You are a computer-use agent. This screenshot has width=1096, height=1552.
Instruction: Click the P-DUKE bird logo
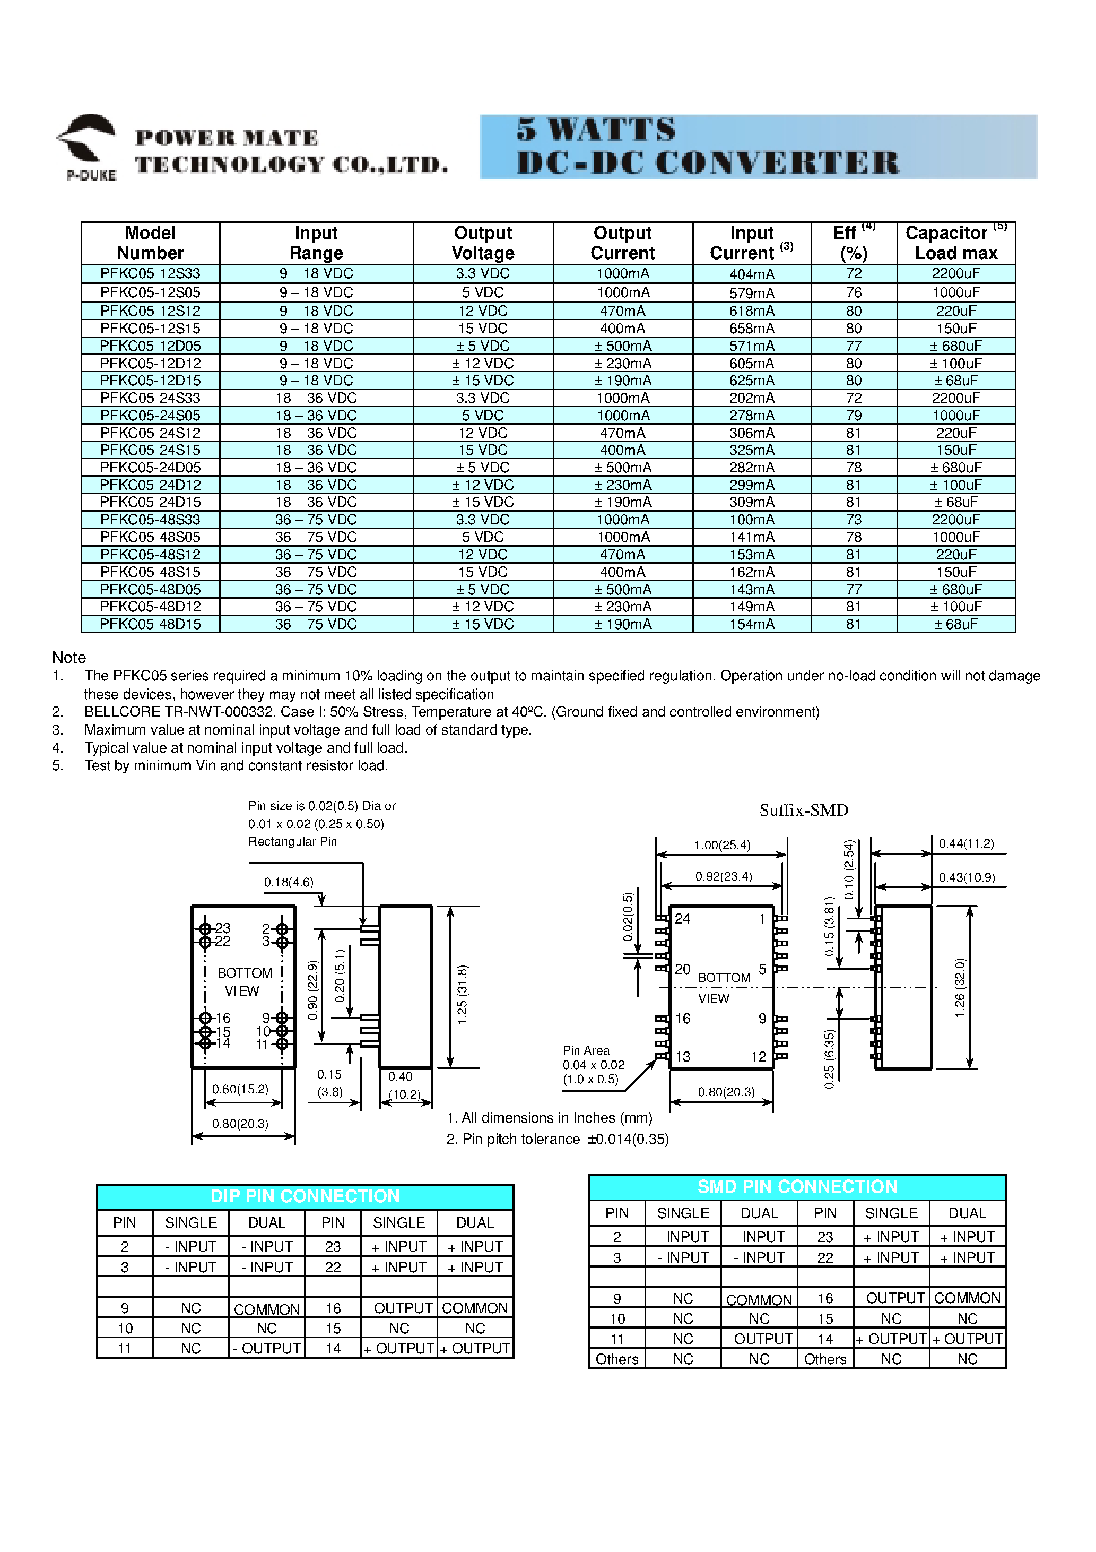pos(86,143)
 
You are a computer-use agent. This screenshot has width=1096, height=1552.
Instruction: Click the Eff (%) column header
pos(854,243)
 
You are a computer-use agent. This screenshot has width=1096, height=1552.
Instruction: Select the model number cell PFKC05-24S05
pos(150,415)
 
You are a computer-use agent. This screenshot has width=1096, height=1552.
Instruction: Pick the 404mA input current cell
pos(751,274)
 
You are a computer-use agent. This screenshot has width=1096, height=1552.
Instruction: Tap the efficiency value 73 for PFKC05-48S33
pos(854,519)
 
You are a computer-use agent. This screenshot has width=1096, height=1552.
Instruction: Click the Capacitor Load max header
pos(955,243)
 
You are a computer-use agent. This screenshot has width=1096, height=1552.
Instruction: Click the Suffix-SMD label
pos(803,810)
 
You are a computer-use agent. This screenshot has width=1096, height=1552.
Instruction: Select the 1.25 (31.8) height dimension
pos(462,994)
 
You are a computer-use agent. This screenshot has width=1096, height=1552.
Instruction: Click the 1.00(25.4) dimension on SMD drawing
pos(721,845)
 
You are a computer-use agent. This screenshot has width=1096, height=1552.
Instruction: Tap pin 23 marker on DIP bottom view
pos(206,929)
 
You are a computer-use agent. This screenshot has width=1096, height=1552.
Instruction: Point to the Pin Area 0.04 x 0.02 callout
pos(593,1065)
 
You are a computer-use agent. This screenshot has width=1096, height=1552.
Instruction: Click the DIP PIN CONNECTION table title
pos(305,1196)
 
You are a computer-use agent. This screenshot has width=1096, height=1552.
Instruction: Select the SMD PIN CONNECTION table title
pos(797,1186)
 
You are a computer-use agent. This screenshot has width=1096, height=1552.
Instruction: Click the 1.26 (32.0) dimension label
pos(960,987)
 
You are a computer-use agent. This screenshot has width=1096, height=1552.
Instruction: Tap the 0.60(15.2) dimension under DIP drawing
pos(240,1089)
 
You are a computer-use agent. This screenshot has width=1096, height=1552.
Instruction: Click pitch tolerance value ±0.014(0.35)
pos(628,1139)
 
